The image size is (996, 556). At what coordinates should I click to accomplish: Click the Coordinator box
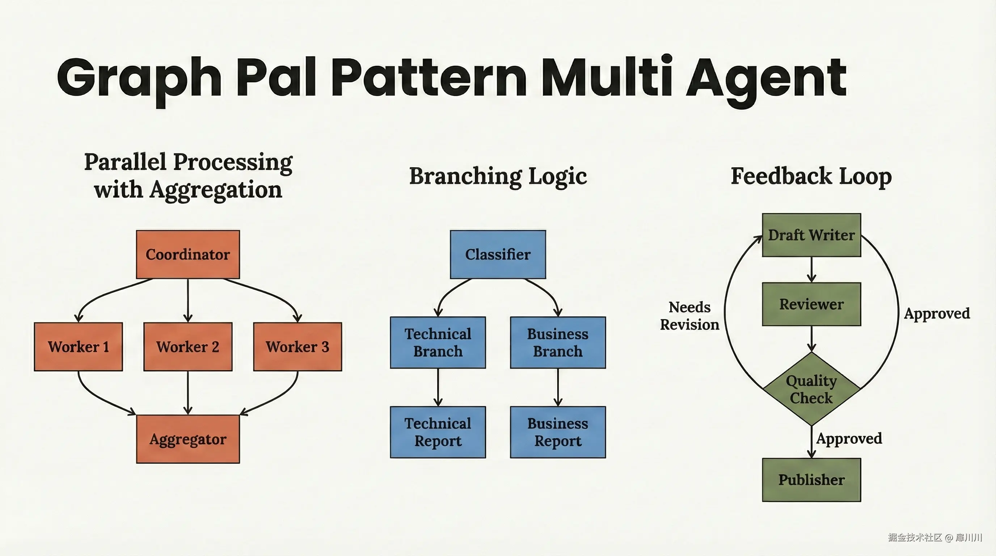coord(187,254)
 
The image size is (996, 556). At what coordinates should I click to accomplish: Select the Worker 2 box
coord(187,346)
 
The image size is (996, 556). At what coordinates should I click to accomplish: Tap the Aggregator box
coord(187,439)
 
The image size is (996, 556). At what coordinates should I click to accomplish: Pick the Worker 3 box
coord(297,346)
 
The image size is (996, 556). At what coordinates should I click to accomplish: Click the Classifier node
coord(498,254)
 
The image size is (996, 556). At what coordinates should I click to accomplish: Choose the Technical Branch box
coord(438,342)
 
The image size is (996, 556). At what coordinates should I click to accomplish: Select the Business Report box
coord(558,432)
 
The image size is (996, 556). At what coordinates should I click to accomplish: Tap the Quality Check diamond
coord(811,389)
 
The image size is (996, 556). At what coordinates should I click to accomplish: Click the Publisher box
coord(811,480)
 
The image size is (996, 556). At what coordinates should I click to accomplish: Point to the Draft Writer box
coord(811,235)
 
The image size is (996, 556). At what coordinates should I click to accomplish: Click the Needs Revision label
coord(689,316)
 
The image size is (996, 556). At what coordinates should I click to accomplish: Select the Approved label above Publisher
coord(849,438)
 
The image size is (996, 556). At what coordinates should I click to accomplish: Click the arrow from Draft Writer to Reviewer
coord(811,270)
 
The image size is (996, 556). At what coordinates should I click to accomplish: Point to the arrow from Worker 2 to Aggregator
coord(187,392)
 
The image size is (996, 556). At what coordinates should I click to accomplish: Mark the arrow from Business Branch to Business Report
coord(558,387)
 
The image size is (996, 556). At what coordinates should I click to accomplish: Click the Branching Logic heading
coord(498,176)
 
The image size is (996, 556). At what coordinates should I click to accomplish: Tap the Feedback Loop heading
coord(811,176)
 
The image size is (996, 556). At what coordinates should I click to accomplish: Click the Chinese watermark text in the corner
coord(934,538)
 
